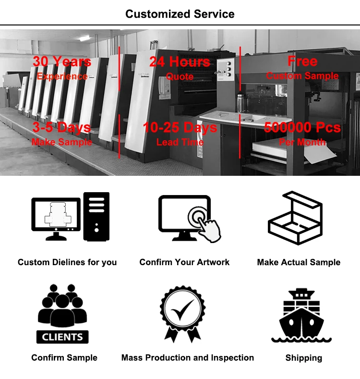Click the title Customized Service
click(x=180, y=14)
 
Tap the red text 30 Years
click(x=62, y=61)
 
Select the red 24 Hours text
click(x=180, y=61)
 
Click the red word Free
click(x=302, y=61)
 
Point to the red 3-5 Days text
click(x=62, y=127)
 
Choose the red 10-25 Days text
click(x=180, y=127)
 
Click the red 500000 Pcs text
click(x=302, y=127)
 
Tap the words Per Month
click(x=302, y=142)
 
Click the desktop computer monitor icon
click(x=55, y=216)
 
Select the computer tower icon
click(x=96, y=216)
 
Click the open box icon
click(x=294, y=219)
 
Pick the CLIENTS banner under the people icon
click(x=62, y=337)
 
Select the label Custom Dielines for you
click(x=67, y=262)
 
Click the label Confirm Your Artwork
click(x=184, y=262)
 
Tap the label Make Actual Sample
click(x=299, y=262)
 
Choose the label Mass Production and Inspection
click(x=188, y=358)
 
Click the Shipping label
click(x=303, y=358)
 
